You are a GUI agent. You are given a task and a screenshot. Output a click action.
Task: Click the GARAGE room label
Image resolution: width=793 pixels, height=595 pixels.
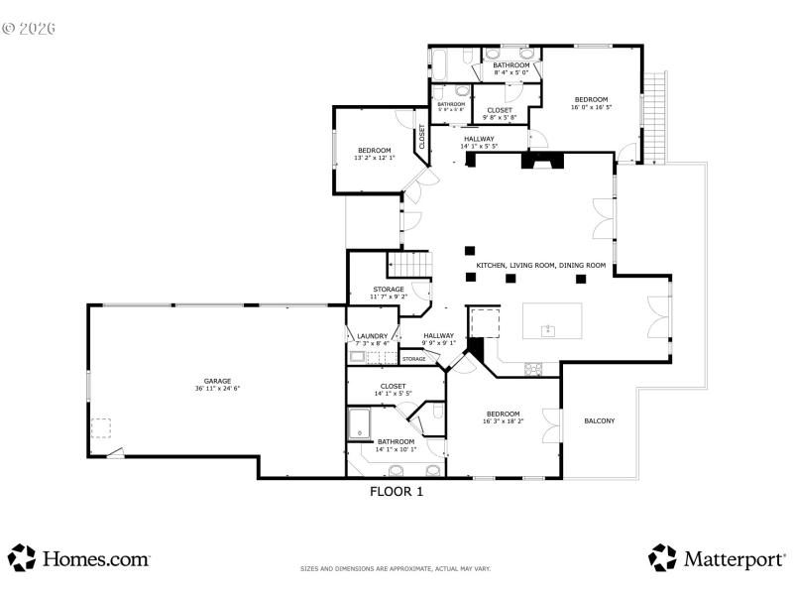(217, 381)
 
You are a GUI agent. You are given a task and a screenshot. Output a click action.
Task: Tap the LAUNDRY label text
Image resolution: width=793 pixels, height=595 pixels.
(372, 336)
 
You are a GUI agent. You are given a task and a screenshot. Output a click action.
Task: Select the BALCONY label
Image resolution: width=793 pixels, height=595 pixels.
(599, 420)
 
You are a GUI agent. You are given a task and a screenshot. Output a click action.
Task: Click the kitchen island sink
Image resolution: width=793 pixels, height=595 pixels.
(546, 328)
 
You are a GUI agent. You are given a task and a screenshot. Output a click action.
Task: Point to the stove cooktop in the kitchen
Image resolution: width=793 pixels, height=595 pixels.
(533, 370)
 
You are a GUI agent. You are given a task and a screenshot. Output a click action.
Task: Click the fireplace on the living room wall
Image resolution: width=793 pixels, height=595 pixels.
(543, 161)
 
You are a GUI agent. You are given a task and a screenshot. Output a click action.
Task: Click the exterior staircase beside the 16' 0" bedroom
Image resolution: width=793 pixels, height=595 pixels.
(656, 117)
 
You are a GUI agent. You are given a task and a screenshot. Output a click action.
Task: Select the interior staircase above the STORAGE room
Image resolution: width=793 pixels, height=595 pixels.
(409, 265)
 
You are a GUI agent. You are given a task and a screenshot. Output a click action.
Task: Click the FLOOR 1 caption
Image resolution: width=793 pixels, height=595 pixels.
(396, 490)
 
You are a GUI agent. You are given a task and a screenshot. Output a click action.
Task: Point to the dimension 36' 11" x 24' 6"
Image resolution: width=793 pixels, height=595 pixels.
(217, 389)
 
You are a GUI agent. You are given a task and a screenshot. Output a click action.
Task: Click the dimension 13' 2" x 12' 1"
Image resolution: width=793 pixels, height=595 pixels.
(375, 158)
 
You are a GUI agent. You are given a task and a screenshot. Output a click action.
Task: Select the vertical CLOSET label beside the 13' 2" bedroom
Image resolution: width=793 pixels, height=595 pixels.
(422, 137)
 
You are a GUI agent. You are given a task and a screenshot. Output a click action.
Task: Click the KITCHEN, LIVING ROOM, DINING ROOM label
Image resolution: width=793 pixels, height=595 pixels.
(540, 266)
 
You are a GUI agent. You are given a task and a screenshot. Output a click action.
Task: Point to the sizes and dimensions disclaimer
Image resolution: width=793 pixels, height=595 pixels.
(396, 569)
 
